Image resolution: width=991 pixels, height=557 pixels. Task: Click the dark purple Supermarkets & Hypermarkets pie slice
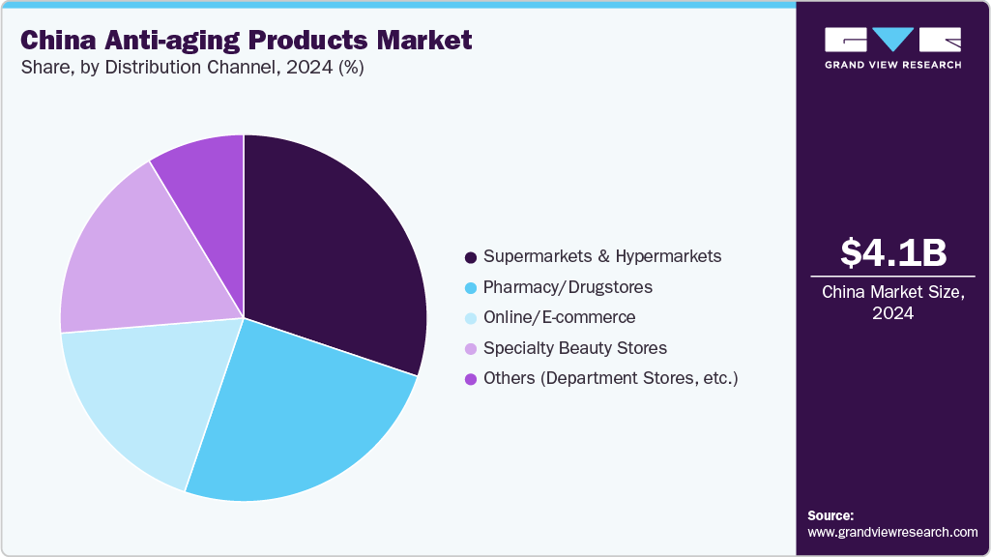[x=334, y=251]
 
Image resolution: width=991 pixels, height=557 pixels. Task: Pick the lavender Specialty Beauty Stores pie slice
[x=135, y=261]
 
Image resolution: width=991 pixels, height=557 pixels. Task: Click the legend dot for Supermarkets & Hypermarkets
[x=471, y=257]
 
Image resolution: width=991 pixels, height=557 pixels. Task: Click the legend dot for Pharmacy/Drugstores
[x=471, y=288]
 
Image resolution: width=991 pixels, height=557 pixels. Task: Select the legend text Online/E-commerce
[x=559, y=317]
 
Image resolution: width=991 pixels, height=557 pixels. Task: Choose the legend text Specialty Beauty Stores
[x=574, y=348]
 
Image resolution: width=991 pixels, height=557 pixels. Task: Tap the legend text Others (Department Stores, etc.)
[x=610, y=378]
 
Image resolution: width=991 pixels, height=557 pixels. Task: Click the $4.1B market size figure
[x=892, y=252]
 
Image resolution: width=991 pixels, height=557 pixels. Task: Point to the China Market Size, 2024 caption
[x=892, y=303]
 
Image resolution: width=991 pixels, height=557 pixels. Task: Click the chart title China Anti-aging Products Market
[x=247, y=40]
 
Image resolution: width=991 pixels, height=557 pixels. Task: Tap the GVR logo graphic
[x=892, y=40]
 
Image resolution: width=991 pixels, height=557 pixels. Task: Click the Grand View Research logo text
[x=892, y=65]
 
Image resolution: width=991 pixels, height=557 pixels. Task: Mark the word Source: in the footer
[x=831, y=515]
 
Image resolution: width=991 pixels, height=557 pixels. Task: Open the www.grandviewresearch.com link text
[x=892, y=532]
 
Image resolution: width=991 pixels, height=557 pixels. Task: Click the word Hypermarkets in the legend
[x=669, y=257]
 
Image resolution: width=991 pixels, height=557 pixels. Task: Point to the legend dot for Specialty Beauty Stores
[x=471, y=348]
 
